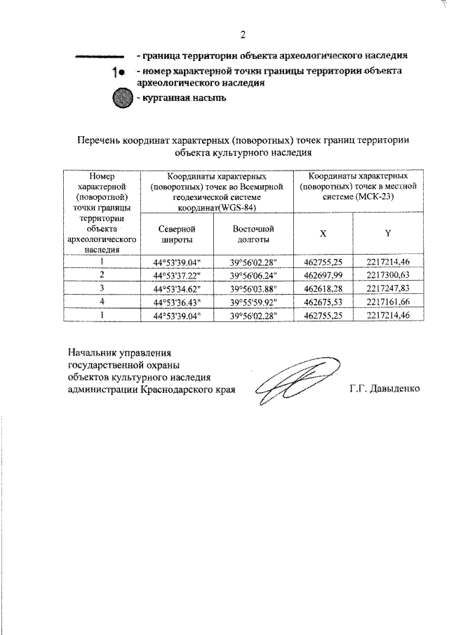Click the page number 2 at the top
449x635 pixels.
click(243, 34)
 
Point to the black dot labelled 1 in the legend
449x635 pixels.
click(121, 72)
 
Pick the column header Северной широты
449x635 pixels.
click(176, 234)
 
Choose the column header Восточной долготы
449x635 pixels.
click(253, 234)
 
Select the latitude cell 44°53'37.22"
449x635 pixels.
click(176, 274)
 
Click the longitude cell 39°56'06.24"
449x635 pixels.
click(253, 274)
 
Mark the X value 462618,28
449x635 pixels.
click(323, 288)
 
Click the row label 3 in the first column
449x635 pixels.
click(102, 288)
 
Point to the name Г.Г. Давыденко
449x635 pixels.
click(384, 388)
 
